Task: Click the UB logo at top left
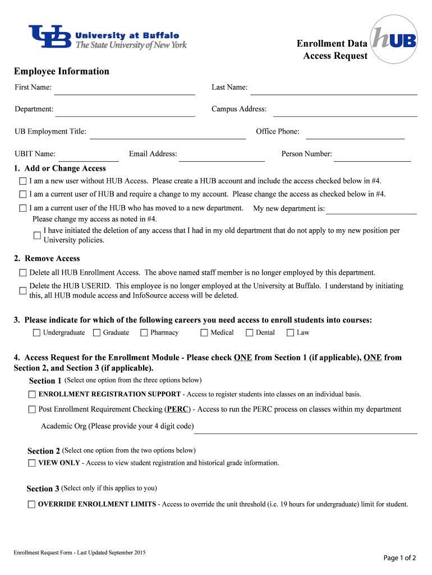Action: pos(50,37)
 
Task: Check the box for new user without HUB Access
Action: pos(23,181)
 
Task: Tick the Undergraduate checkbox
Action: pos(37,333)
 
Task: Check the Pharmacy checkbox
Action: pos(144,333)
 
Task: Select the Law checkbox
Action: pos(291,333)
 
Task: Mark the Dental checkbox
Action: pos(250,333)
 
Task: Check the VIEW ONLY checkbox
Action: pos(31,464)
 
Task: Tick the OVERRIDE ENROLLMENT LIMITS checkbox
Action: pos(31,505)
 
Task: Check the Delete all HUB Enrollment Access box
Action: pos(23,273)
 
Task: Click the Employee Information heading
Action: pos(62,71)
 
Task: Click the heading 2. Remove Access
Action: pos(47,259)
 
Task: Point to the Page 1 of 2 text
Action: pos(399,558)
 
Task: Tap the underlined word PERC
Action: pos(178,409)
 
